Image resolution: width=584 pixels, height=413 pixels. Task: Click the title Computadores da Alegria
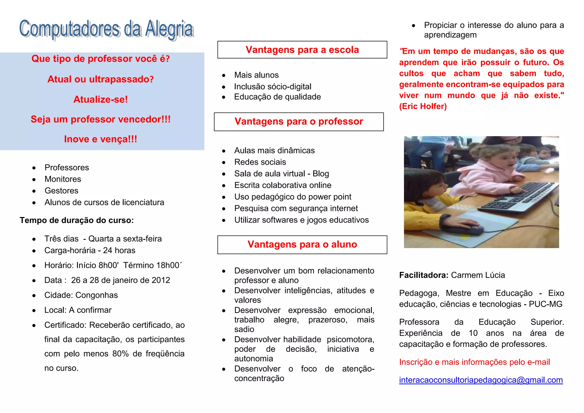[106, 29]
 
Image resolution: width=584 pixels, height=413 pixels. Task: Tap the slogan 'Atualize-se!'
[100, 99]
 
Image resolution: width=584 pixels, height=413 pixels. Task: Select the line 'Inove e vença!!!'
[100, 139]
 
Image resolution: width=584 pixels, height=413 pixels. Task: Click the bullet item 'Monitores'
[63, 179]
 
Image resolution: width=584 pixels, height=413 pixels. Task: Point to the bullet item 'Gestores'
[61, 191]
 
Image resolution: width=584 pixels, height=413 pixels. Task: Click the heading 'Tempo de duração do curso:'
[77, 220]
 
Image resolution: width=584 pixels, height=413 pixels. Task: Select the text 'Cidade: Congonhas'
[81, 295]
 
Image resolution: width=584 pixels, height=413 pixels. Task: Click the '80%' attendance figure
[120, 354]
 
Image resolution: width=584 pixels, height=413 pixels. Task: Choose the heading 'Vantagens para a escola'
[302, 50]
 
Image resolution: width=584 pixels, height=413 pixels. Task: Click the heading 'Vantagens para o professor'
[299, 122]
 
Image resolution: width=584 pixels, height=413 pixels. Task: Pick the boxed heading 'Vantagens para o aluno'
[302, 244]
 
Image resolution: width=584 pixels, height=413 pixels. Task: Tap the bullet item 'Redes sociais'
[260, 162]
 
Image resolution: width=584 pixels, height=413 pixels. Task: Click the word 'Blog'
[321, 174]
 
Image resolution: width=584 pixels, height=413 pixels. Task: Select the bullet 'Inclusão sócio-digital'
[273, 86]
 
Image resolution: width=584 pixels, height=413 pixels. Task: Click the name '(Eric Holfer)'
[423, 106]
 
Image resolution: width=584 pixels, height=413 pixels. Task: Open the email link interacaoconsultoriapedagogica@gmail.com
[481, 380]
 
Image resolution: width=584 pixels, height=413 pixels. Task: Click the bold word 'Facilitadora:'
[424, 275]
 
